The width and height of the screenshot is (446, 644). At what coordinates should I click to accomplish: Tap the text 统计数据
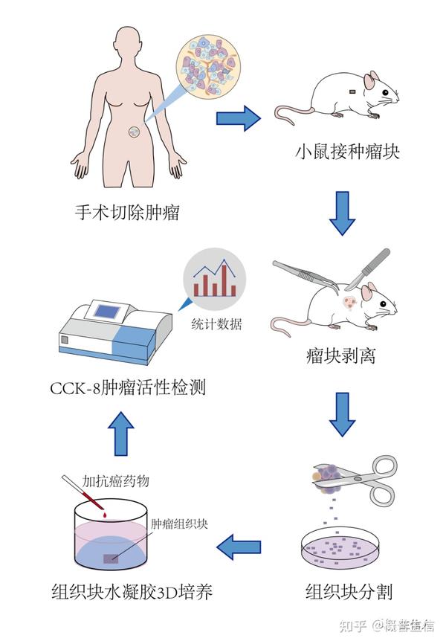coord(216,325)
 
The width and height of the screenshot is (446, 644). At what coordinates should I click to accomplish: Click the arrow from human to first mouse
coord(239,117)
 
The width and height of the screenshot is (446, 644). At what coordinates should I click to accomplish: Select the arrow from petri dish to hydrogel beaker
coord(239,549)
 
